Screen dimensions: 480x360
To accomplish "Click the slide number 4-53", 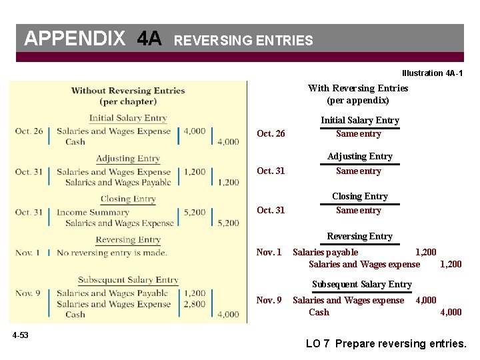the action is point(20,335).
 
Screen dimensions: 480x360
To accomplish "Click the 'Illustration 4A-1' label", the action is point(432,73).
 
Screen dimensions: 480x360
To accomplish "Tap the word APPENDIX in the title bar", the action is point(74,39).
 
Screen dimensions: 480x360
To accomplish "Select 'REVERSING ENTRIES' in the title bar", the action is point(243,41).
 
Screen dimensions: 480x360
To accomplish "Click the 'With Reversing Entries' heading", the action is point(358,88).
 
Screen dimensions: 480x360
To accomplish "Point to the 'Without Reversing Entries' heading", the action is point(128,91).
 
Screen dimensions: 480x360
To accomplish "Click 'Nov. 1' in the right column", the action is point(269,252).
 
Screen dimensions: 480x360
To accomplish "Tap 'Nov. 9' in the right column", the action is point(269,300).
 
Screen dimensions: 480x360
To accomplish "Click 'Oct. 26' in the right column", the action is point(271,134).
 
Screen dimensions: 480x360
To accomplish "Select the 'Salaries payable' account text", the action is point(325,252).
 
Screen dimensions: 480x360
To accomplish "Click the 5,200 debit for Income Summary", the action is point(194,213).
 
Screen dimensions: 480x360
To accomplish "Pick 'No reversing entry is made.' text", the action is point(111,253).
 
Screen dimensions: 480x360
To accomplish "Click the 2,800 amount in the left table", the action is point(194,304).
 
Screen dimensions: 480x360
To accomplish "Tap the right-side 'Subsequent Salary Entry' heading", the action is point(362,284).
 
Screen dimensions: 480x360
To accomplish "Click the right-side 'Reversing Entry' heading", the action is point(359,236).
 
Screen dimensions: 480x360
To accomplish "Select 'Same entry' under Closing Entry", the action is point(359,211).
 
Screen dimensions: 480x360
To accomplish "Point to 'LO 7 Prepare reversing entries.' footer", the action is point(386,344).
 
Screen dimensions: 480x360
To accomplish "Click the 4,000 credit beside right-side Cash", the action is point(450,312).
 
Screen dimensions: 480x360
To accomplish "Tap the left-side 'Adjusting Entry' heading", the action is point(128,159).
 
